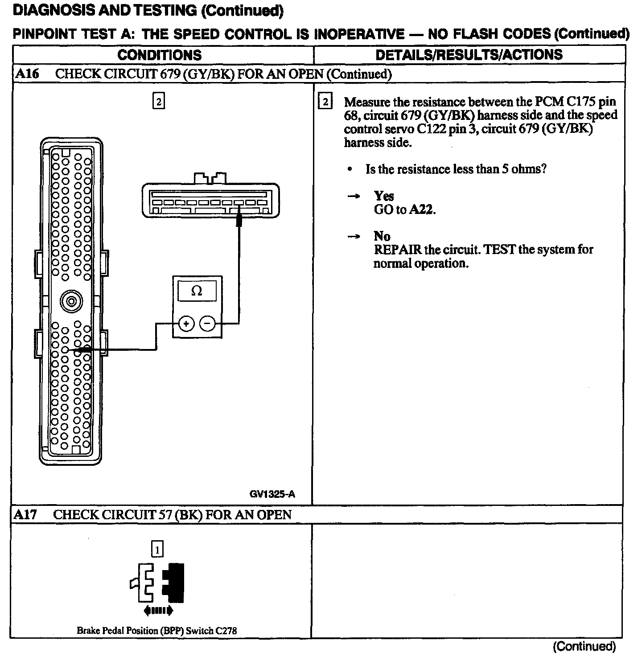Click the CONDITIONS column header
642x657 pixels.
160,55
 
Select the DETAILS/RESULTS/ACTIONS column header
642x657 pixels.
469,55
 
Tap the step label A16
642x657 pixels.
27,74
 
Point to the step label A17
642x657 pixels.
25,515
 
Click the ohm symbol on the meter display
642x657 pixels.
197,291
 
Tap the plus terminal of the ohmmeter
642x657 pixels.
186,324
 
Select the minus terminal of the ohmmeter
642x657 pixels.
207,324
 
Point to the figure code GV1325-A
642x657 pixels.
272,494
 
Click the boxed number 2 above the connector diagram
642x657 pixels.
158,102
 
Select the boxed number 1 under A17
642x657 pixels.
157,549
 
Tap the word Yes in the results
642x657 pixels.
384,196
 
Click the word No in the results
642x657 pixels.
382,236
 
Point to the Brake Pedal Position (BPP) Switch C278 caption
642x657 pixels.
157,631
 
